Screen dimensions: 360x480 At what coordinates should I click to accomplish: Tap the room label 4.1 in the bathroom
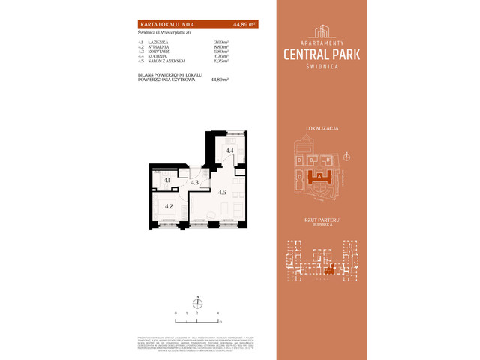(x=167, y=181)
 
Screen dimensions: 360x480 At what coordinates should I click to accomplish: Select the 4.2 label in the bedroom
(x=169, y=206)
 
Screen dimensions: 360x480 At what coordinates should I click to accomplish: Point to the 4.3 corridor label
(x=194, y=182)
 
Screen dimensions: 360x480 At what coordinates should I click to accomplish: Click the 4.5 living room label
(x=222, y=192)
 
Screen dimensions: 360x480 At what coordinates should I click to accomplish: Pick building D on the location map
(x=299, y=160)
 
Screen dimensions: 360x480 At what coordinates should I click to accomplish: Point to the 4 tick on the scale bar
(x=217, y=310)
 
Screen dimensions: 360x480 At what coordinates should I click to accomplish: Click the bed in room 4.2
(x=169, y=212)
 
